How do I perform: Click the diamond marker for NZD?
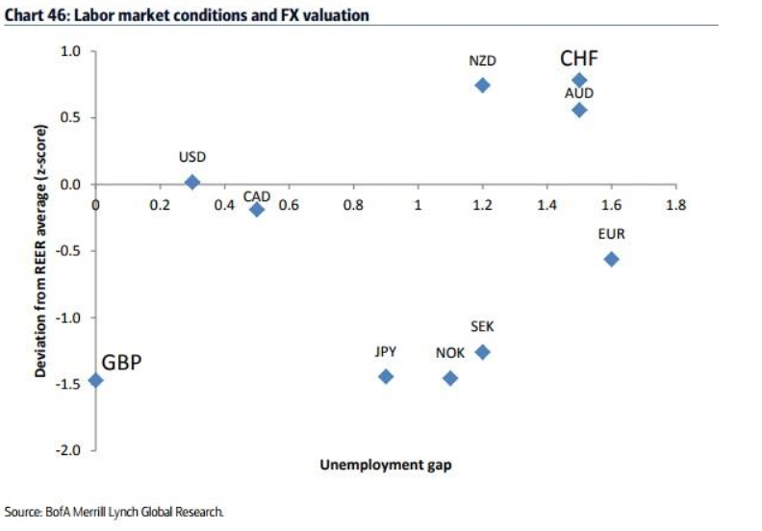tap(482, 85)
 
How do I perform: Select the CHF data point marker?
tap(579, 80)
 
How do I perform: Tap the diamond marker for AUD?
tap(579, 110)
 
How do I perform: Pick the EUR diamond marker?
tap(611, 259)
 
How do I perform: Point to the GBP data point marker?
tap(95, 380)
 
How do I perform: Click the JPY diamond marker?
tap(386, 376)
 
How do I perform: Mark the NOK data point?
tap(450, 378)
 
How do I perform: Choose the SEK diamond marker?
tap(483, 352)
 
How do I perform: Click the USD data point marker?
tap(192, 182)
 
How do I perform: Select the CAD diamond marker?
tap(257, 209)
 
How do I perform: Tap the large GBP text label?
tap(122, 364)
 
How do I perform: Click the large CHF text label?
tap(579, 60)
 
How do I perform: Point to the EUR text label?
tap(611, 234)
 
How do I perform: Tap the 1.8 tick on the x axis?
tap(675, 204)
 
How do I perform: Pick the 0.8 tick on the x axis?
tap(353, 204)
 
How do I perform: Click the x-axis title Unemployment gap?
tap(385, 466)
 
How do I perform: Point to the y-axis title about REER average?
tap(41, 250)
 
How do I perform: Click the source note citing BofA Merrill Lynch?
tap(114, 512)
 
